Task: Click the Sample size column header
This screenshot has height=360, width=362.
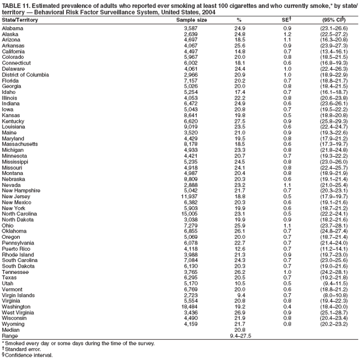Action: tap(192, 20)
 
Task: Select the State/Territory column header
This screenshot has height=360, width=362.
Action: tap(23, 20)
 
